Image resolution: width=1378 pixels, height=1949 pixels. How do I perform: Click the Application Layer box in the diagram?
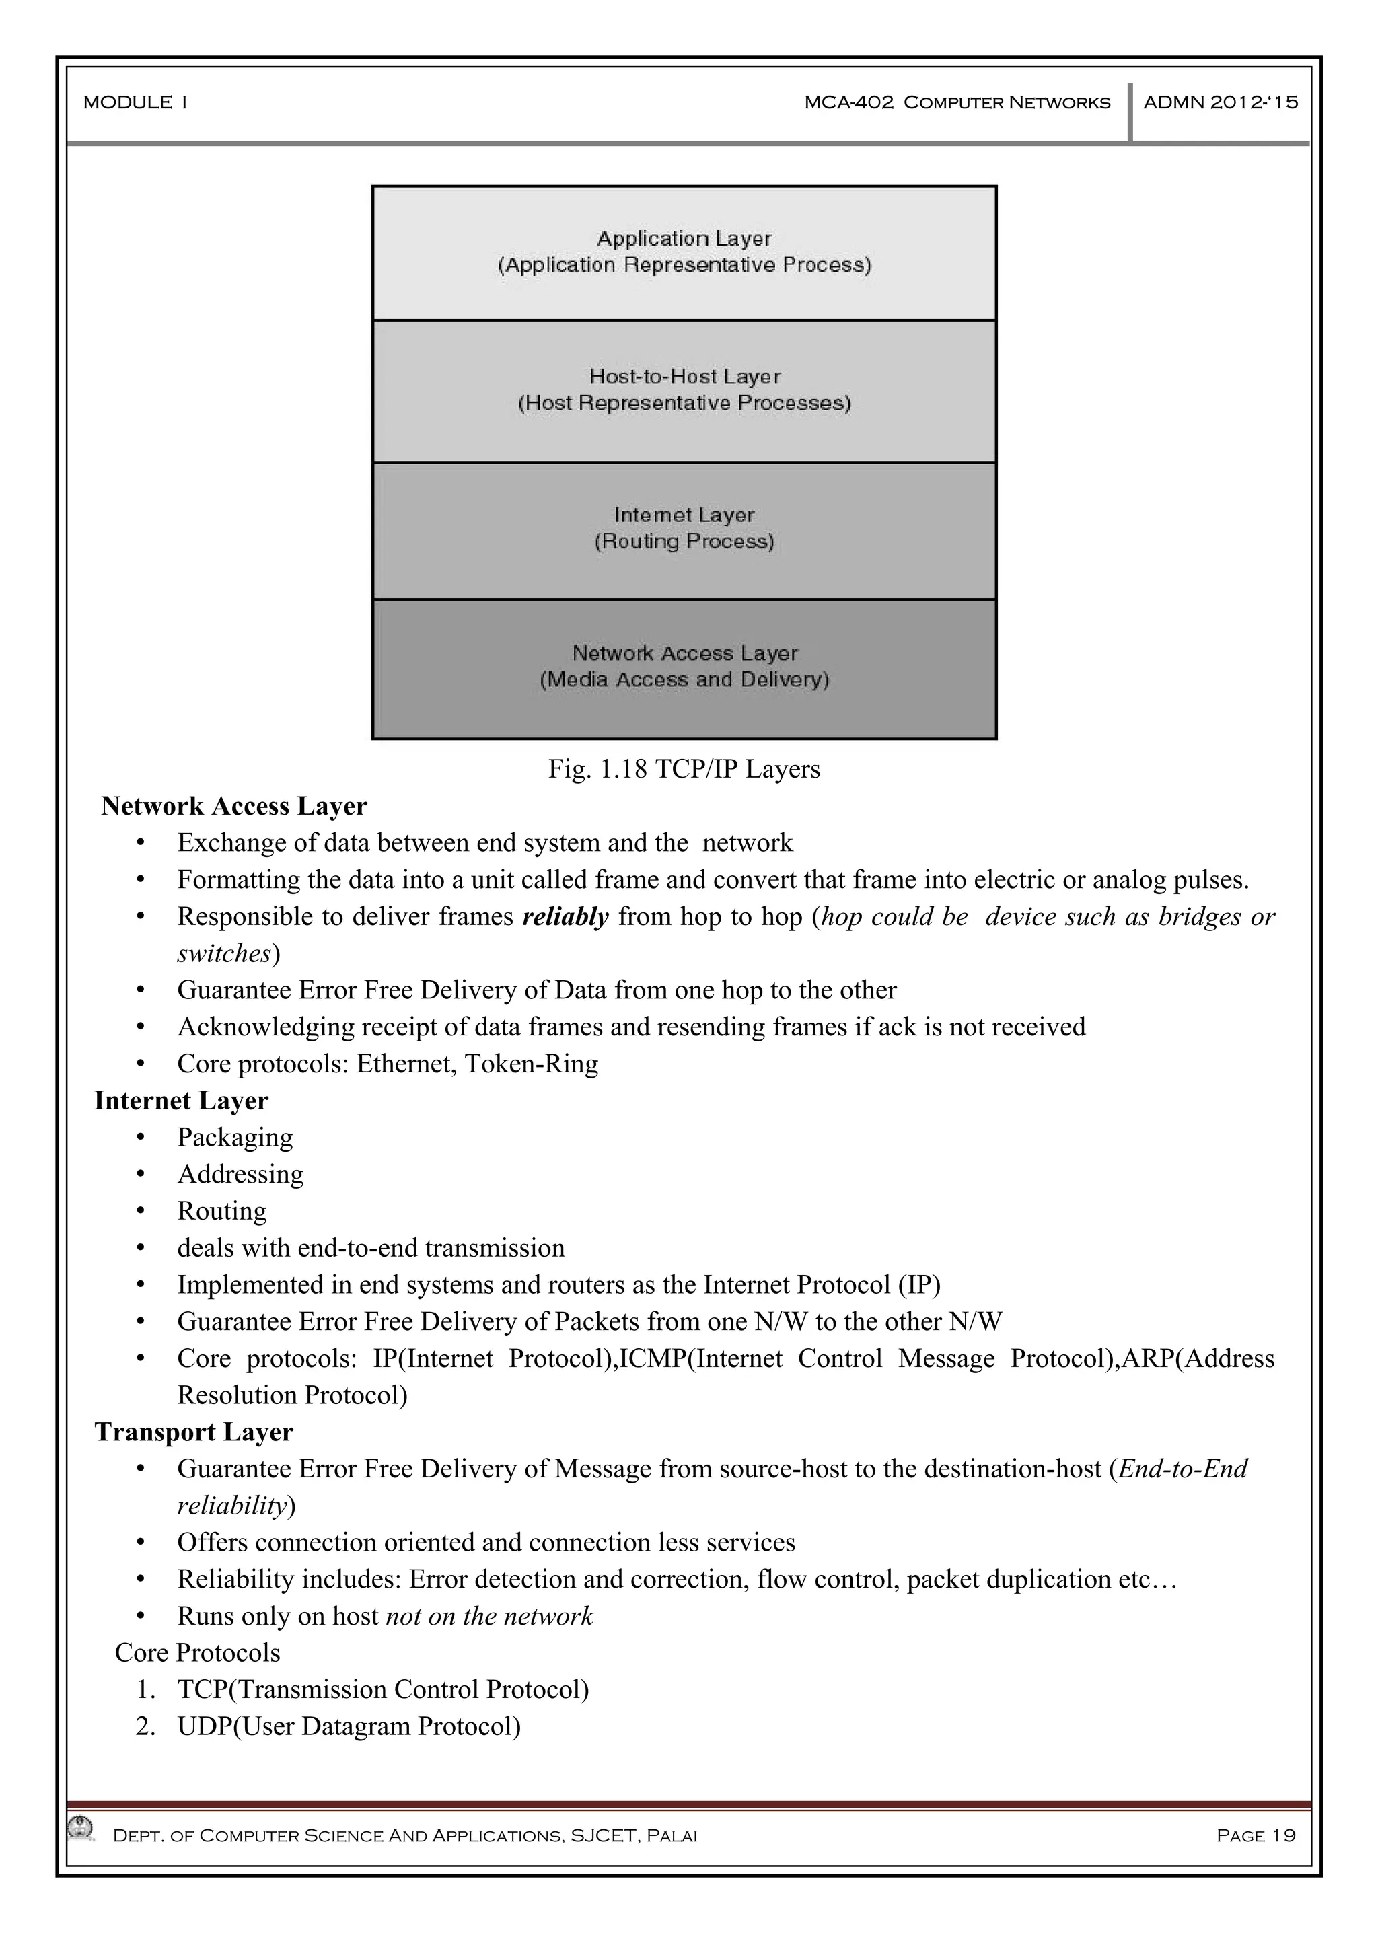coord(684,252)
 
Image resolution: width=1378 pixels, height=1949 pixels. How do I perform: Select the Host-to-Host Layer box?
coord(684,390)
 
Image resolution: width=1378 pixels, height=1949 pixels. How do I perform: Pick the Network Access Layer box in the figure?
coord(684,667)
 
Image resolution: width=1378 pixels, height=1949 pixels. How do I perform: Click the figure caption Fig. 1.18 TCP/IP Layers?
coord(684,769)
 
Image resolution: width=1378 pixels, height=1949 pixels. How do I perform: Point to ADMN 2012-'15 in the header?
coord(1220,103)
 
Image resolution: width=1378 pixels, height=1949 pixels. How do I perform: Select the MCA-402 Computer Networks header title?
coord(957,103)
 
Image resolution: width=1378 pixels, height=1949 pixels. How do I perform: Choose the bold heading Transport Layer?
coord(194,1432)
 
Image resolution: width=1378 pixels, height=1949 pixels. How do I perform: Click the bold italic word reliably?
coord(565,917)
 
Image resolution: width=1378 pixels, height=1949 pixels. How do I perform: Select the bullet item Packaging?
coord(234,1138)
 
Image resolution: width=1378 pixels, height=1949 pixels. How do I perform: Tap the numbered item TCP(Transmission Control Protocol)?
coord(383,1689)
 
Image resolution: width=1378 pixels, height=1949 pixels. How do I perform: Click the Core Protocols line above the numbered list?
coord(197,1653)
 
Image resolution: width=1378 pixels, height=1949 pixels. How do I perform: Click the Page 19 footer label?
coord(1255,1836)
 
